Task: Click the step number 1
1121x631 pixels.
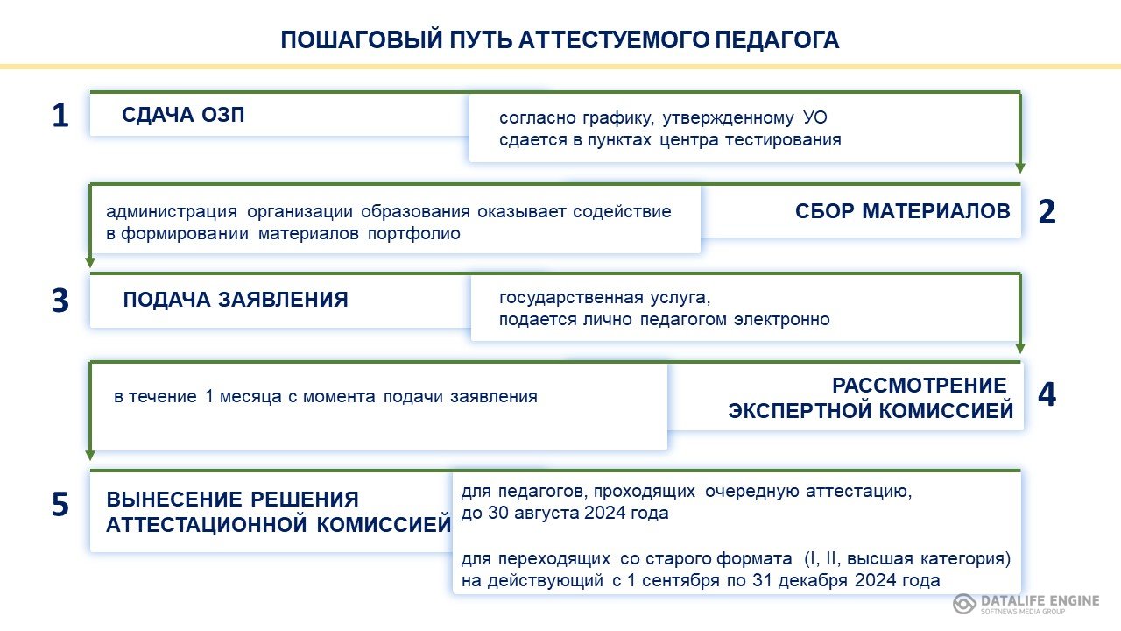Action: (60, 115)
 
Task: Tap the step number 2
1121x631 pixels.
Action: (1047, 211)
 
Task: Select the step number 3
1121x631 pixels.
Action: (60, 301)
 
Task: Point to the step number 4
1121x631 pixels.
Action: (1047, 394)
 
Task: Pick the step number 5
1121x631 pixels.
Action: (60, 504)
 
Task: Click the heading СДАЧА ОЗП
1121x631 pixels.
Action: (183, 115)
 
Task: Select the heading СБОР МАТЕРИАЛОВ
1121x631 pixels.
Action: (903, 211)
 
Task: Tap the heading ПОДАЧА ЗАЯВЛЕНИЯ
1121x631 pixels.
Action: (236, 300)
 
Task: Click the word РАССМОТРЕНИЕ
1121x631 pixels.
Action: (920, 386)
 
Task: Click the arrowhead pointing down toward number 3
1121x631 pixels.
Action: (90, 262)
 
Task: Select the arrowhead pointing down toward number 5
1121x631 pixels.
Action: (90, 455)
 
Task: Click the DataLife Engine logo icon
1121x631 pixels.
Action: (964, 604)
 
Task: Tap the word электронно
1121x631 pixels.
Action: (782, 320)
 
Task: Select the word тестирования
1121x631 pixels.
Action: (783, 139)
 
